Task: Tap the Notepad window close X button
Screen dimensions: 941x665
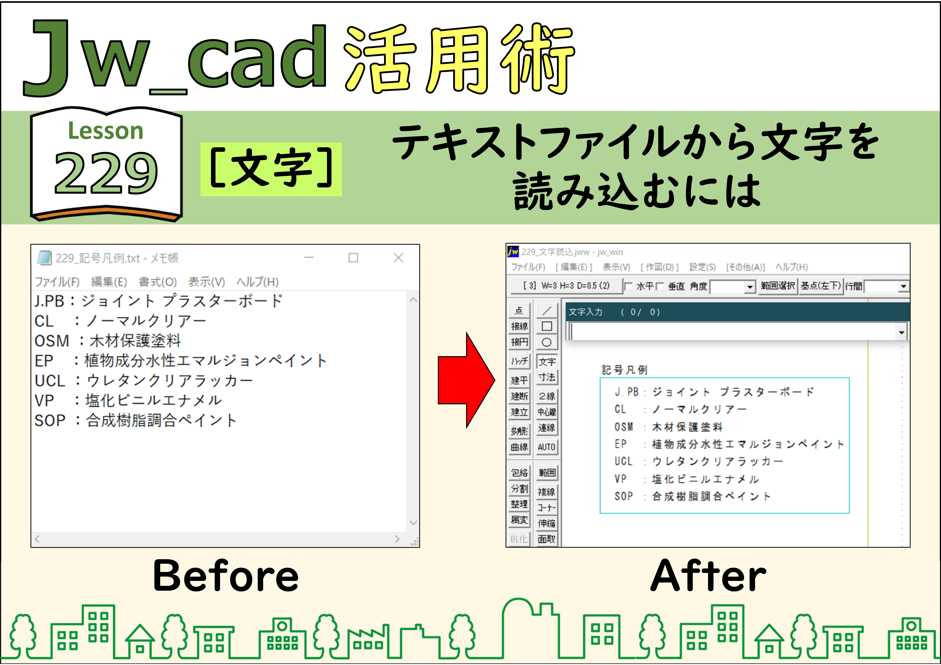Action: pyautogui.click(x=398, y=258)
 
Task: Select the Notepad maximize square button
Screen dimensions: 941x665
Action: pyautogui.click(x=353, y=258)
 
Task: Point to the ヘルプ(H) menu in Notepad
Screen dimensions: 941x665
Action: pyautogui.click(x=257, y=282)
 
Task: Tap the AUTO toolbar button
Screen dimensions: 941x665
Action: pyautogui.click(x=547, y=447)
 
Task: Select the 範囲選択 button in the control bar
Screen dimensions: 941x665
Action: pyautogui.click(x=778, y=286)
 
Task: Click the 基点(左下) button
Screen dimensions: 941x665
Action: pyautogui.click(x=820, y=286)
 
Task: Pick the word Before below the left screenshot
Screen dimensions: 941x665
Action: pyautogui.click(x=226, y=576)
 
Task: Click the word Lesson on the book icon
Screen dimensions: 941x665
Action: pyautogui.click(x=106, y=131)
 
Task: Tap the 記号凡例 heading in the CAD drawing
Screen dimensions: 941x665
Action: pyautogui.click(x=625, y=370)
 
